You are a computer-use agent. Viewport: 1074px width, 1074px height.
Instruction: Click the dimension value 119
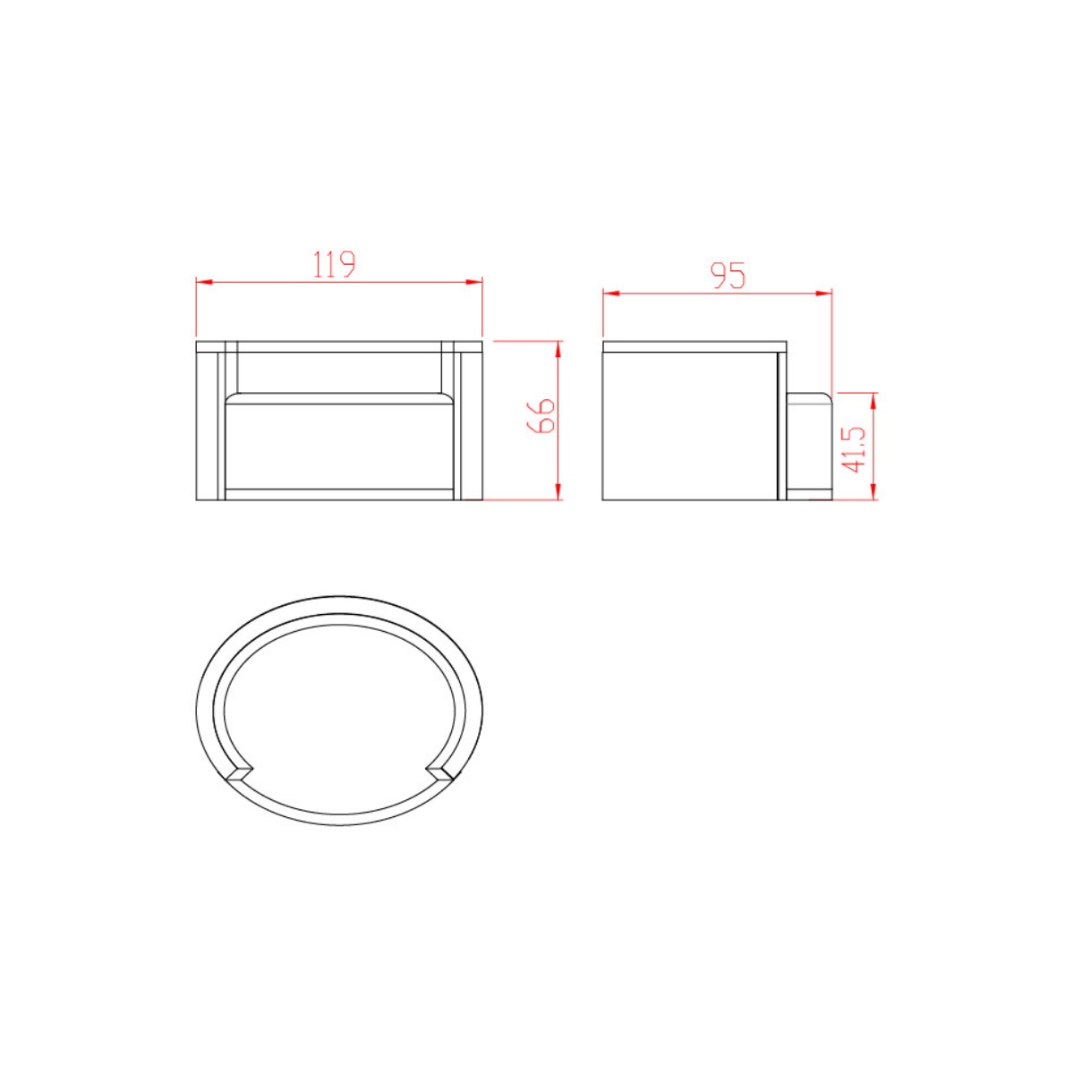(x=334, y=264)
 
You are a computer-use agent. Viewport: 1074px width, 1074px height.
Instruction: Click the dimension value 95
(x=727, y=276)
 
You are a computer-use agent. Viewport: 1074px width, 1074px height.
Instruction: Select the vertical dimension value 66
(x=540, y=415)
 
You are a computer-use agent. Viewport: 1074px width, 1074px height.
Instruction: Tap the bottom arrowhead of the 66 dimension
(x=558, y=492)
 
